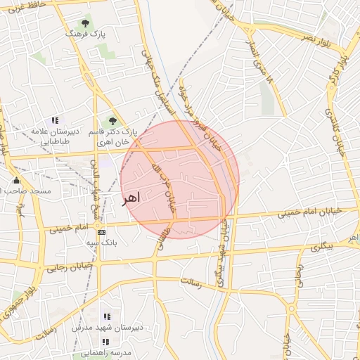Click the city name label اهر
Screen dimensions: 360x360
coord(131,198)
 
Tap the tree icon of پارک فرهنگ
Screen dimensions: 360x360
coord(85,23)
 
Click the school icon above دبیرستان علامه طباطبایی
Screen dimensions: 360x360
coord(55,121)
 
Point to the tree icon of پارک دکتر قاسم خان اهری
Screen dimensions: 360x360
coord(112,121)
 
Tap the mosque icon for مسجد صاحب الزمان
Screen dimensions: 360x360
coord(16,181)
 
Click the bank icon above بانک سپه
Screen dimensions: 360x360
coord(102,231)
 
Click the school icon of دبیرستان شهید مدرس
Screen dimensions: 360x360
coord(107,316)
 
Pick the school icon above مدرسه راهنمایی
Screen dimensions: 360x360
coord(105,342)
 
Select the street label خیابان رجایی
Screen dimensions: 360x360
coord(70,267)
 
